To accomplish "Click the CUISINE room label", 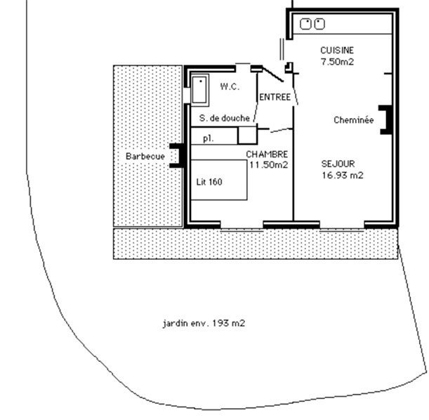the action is [x=337, y=51].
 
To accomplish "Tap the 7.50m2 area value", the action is [x=337, y=62].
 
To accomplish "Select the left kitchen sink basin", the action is [x=305, y=24].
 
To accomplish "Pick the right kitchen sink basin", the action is [x=319, y=24].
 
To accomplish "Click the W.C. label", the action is [x=230, y=86].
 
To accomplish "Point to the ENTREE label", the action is [x=275, y=97].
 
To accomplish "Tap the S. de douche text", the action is [x=225, y=118].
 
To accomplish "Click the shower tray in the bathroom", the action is [x=199, y=90].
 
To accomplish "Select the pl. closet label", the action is [x=209, y=139].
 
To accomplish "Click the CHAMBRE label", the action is [x=267, y=155].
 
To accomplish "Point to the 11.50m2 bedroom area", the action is [x=268, y=165].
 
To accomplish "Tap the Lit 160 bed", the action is [x=219, y=180].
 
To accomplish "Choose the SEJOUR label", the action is [x=338, y=164].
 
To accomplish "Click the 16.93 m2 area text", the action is [x=342, y=175].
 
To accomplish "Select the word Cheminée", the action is [x=353, y=120].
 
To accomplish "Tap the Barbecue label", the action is [x=145, y=156].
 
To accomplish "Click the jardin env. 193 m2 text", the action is [x=204, y=323].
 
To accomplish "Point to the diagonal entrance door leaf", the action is [x=272, y=74].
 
